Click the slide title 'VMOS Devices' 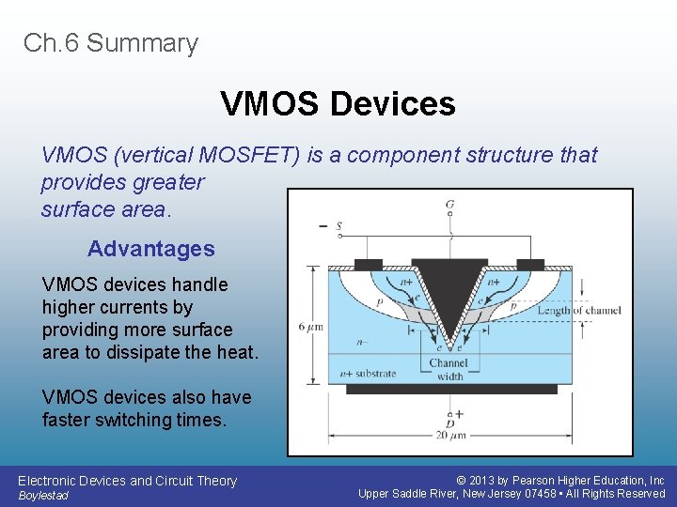(338, 103)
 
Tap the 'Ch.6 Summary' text (111, 43)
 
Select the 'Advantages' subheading (150, 249)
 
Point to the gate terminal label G (450, 204)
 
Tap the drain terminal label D (450, 423)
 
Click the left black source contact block (369, 264)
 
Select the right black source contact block (530, 264)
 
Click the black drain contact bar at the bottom (449, 389)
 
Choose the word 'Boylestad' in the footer (43, 496)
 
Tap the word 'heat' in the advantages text (235, 352)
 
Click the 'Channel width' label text (449, 370)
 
